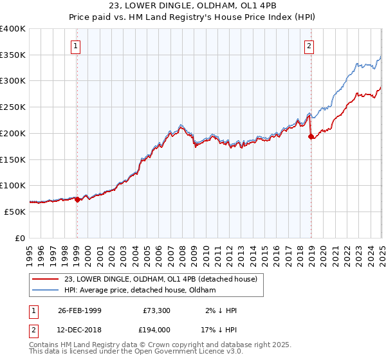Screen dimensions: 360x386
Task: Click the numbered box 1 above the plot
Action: pos(76,46)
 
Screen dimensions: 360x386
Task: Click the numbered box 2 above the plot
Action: pos(309,46)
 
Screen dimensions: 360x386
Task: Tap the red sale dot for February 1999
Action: pos(77,199)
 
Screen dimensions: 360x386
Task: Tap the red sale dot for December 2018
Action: pos(311,136)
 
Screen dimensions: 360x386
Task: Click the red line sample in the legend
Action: pos(45,279)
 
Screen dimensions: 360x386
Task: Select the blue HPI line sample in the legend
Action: pos(45,290)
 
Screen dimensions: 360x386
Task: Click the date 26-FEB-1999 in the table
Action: pos(79,310)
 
